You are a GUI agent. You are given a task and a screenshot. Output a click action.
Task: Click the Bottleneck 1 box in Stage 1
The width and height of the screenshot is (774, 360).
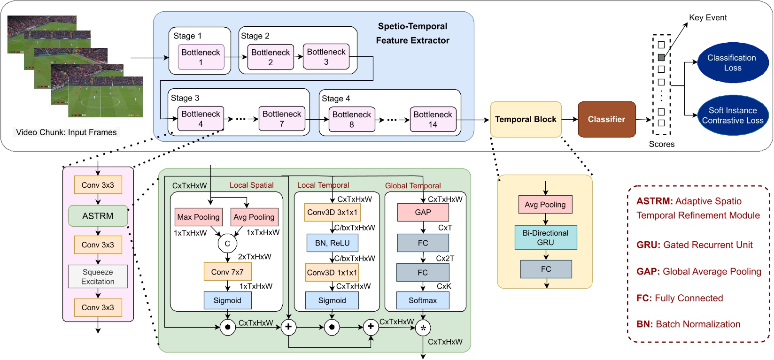click(x=201, y=57)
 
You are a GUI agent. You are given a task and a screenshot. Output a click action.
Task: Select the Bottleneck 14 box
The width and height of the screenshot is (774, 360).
click(x=433, y=119)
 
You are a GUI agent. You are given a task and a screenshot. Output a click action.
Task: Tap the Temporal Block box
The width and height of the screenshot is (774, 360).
click(x=526, y=119)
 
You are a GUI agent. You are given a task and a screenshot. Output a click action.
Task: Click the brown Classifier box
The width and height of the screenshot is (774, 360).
click(x=606, y=119)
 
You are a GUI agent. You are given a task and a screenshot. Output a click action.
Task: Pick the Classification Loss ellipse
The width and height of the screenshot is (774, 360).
click(x=732, y=62)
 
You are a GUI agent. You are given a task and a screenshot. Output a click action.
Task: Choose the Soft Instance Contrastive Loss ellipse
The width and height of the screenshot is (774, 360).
click(x=732, y=115)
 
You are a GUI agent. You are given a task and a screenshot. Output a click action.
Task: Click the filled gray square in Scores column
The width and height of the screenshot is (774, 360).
click(x=661, y=57)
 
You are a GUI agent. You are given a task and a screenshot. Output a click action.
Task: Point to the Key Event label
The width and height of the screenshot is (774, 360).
click(x=707, y=18)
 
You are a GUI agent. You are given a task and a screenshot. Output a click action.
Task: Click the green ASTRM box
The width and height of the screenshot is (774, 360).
click(x=98, y=216)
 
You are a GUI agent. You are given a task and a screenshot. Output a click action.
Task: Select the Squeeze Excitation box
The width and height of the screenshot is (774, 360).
click(x=98, y=276)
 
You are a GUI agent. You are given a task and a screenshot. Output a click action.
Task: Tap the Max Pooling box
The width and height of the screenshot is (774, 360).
click(x=198, y=217)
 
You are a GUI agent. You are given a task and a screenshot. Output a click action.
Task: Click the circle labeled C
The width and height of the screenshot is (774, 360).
click(x=227, y=243)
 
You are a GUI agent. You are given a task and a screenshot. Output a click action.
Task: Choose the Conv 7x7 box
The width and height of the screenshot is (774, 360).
click(x=227, y=272)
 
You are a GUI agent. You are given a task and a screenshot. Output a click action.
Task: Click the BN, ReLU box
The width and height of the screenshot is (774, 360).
click(x=332, y=243)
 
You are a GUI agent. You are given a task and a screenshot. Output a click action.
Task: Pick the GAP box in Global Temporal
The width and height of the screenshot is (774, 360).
click(x=423, y=212)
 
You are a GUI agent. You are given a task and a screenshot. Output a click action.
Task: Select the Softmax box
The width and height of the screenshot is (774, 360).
click(x=423, y=300)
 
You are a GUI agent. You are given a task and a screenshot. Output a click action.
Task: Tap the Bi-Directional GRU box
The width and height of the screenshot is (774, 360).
click(x=545, y=237)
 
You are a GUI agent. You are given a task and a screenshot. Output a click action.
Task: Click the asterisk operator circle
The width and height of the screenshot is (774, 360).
click(x=423, y=328)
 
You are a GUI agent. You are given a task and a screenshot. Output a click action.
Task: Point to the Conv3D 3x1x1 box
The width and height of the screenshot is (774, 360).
click(x=332, y=212)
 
